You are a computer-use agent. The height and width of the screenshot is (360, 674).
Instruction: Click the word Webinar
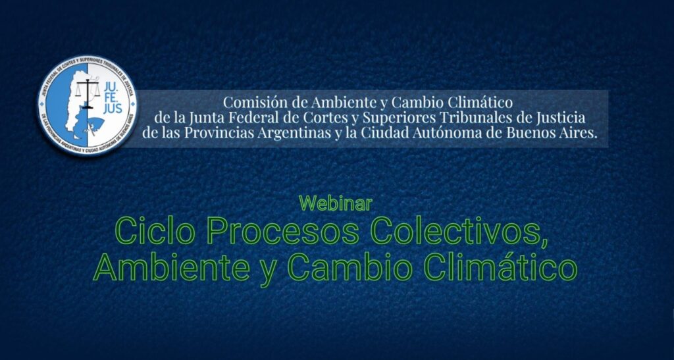pos(336,203)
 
